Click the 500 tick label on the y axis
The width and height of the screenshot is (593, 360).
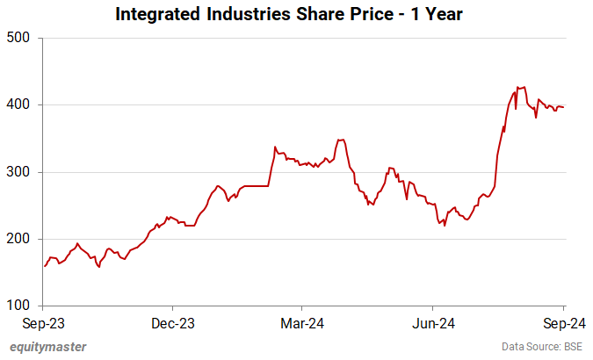coord(18,38)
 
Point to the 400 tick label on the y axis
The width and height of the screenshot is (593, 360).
coord(18,104)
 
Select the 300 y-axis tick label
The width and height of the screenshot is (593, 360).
coord(18,172)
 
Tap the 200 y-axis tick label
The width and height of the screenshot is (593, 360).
coord(18,239)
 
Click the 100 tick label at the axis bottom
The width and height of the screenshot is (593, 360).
coord(18,306)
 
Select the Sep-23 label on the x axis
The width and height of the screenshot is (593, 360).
coord(44,322)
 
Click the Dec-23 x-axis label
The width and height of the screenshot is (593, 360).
coord(173,322)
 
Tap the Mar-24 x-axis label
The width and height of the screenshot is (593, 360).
coord(300,322)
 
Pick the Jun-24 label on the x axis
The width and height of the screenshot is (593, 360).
coord(433,322)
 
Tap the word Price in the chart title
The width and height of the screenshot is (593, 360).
coord(386,14)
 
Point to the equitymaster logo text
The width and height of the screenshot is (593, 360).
coord(48,347)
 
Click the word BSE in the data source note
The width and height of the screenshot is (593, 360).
coord(573,347)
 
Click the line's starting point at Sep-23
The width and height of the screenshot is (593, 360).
coord(45,265)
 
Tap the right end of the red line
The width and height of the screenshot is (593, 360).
coord(564,107)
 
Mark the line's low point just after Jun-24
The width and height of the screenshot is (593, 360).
coord(445,226)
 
